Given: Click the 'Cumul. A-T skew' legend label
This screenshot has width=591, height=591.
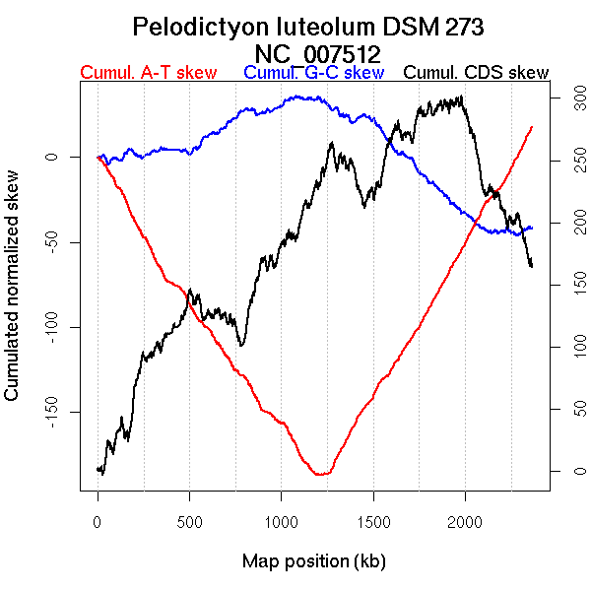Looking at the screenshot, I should (x=148, y=73).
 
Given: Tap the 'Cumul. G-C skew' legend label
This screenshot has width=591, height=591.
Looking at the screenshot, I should (x=313, y=73).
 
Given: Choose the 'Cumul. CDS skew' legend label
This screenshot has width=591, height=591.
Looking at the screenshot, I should (x=477, y=73).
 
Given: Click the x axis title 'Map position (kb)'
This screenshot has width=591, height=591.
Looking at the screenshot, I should (x=313, y=562).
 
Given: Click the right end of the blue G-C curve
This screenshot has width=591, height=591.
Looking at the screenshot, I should (x=532, y=228).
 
